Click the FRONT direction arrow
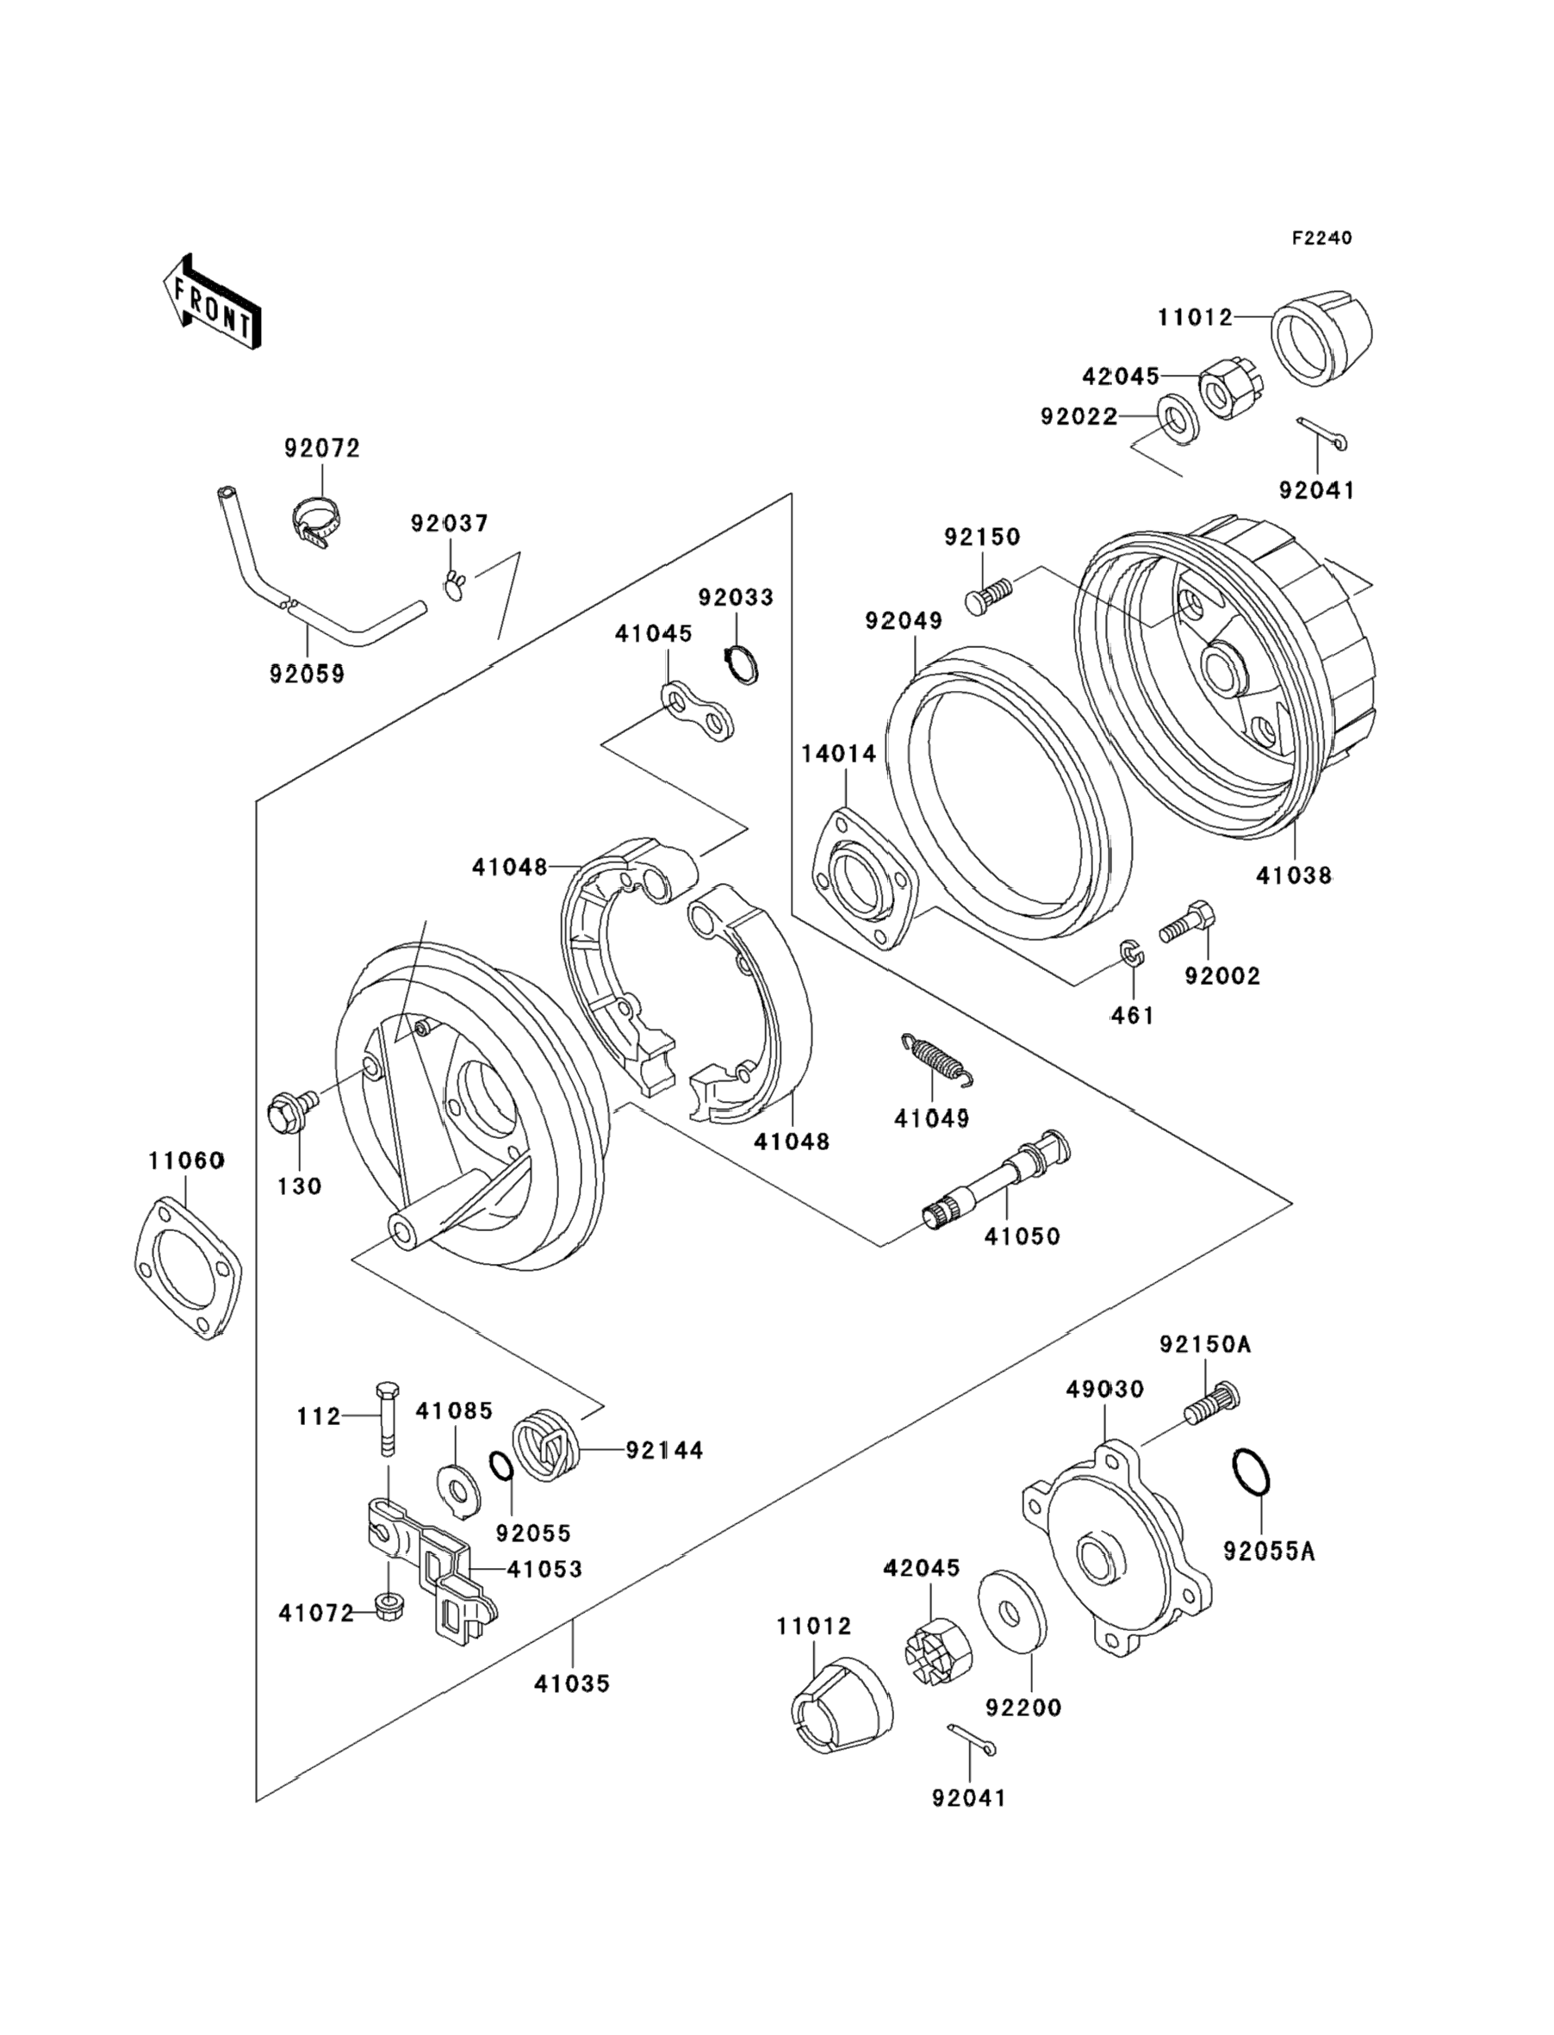click(212, 302)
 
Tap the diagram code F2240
click(1321, 238)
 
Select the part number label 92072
click(322, 448)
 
